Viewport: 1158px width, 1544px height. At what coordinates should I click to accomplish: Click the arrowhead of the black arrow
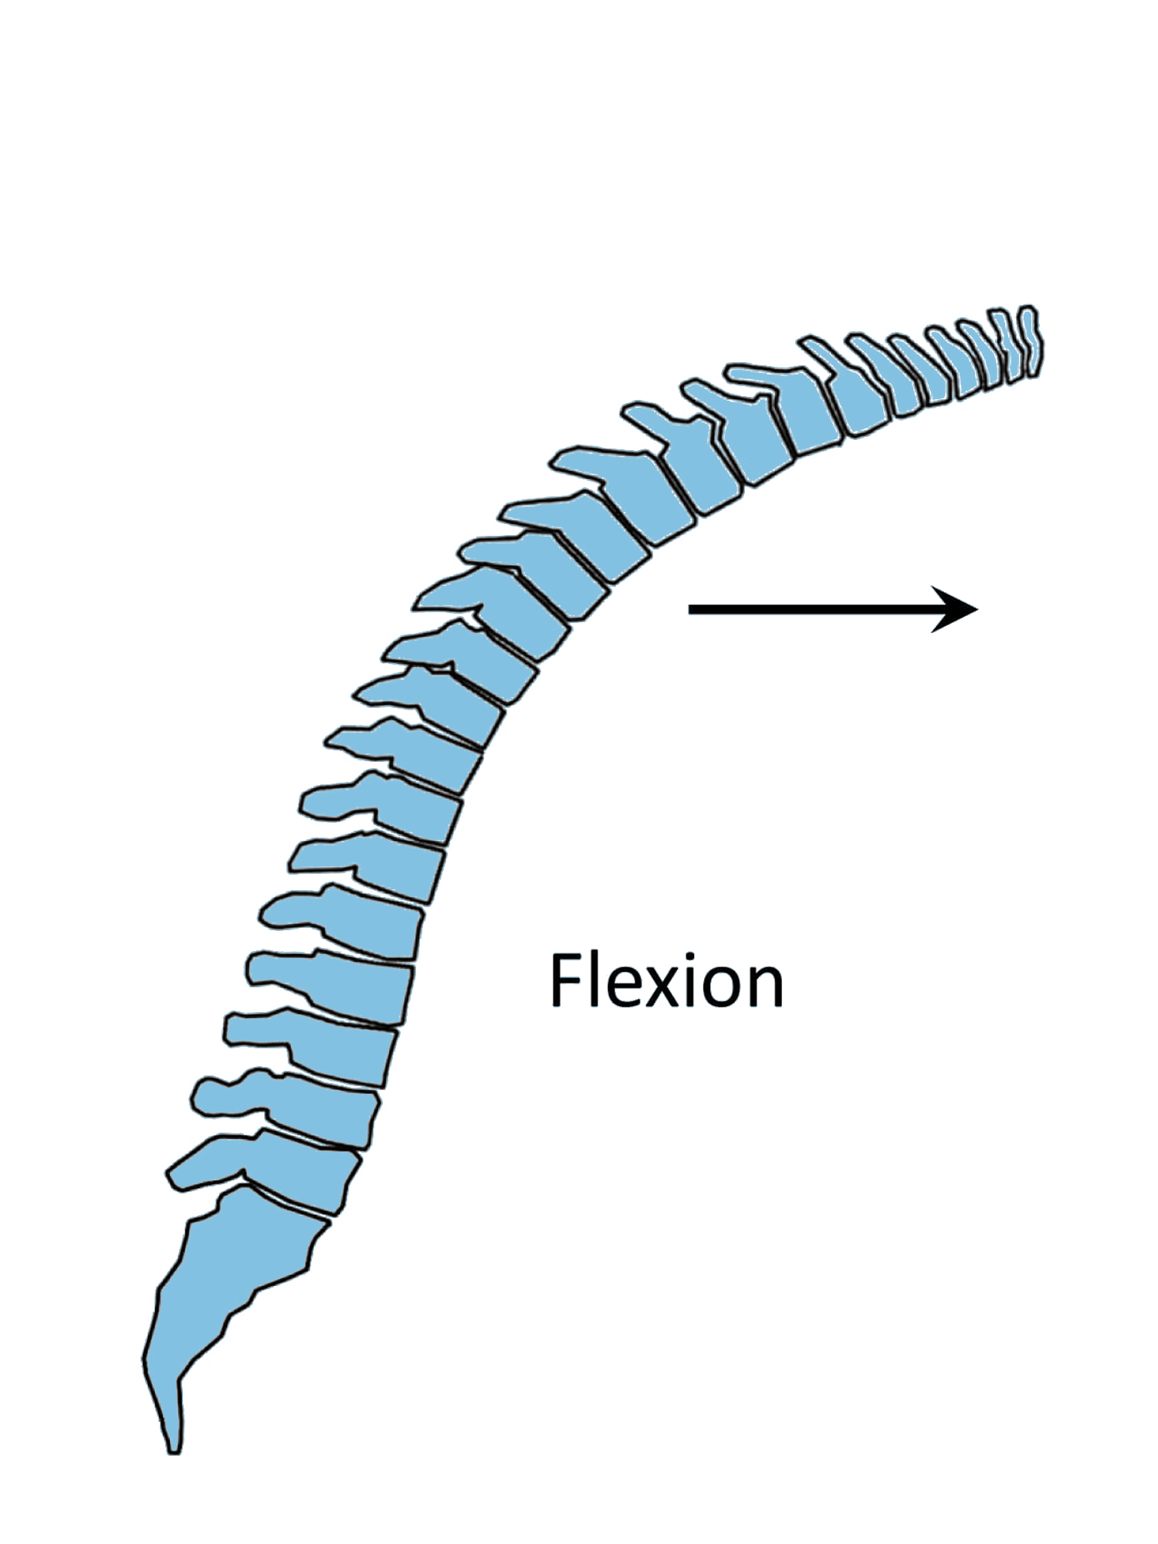957,609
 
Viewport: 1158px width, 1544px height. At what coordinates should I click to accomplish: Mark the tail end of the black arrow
692,609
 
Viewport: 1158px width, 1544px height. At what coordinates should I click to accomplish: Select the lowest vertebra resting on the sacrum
305,1177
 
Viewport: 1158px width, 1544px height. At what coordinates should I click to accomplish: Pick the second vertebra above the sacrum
324,1112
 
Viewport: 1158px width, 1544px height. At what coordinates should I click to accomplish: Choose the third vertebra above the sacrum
344,1050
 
